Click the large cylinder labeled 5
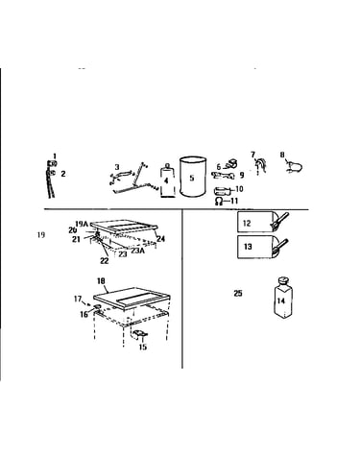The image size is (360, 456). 193,177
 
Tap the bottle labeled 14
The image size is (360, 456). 284,298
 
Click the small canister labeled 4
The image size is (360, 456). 167,180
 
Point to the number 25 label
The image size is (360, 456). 238,293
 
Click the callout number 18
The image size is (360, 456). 101,281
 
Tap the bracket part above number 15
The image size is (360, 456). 140,335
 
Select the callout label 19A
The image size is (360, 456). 82,224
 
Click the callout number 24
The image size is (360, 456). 160,238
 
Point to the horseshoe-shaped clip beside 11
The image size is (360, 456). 219,201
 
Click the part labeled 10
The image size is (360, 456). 222,191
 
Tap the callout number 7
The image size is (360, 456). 253,155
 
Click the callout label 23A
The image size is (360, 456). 137,251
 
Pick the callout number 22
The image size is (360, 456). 105,261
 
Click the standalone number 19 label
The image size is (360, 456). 41,235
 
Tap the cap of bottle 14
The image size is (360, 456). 282,281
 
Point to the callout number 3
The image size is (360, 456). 117,167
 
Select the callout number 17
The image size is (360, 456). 78,299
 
